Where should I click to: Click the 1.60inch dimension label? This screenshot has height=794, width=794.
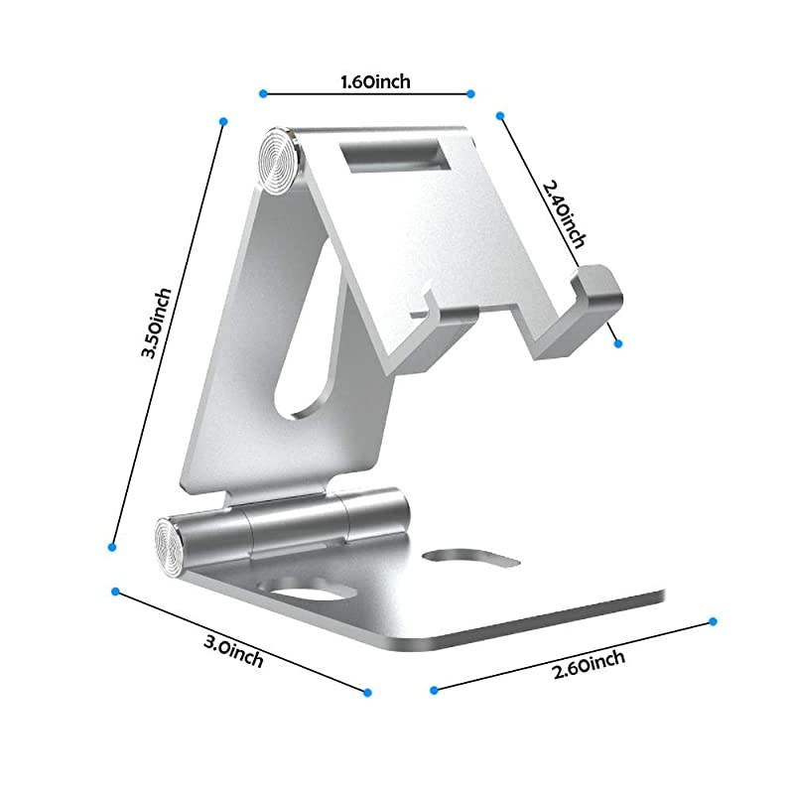pyautogui.click(x=366, y=81)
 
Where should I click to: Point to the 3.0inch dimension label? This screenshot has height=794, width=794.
pyautogui.click(x=233, y=650)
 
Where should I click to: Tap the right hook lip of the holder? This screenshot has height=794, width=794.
pyautogui.click(x=599, y=295)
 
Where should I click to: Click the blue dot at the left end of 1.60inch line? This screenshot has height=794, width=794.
pyautogui.click(x=263, y=93)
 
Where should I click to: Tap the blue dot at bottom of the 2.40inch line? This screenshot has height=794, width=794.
pyautogui.click(x=617, y=343)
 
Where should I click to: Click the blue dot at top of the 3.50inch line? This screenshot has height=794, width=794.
pyautogui.click(x=223, y=121)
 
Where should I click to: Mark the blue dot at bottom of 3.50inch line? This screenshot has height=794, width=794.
pyautogui.click(x=112, y=546)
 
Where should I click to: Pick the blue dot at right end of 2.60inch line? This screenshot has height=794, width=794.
pyautogui.click(x=713, y=621)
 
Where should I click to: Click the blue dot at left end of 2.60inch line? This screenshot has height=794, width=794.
pyautogui.click(x=434, y=688)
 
